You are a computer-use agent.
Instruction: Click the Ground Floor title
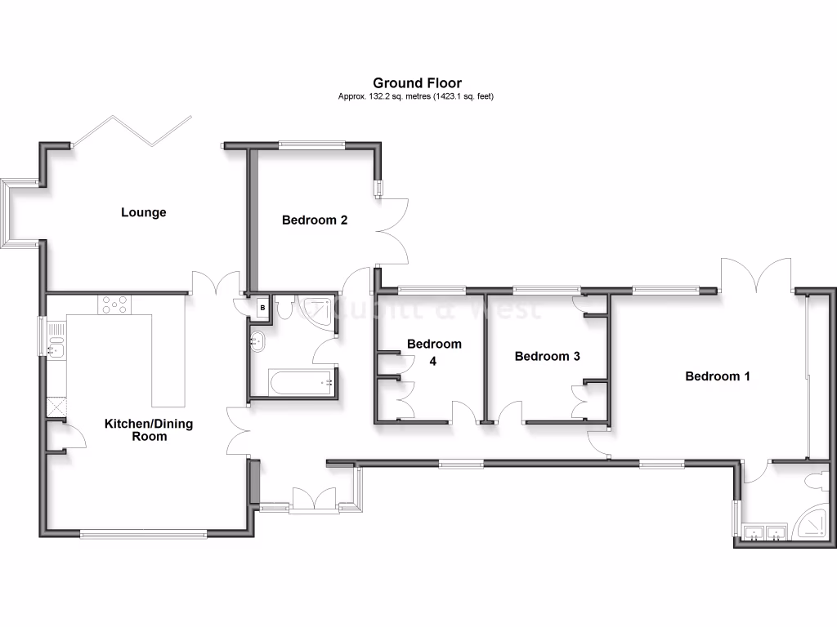click(x=417, y=82)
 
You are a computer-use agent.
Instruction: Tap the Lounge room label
click(x=144, y=212)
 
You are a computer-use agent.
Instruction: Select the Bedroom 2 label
click(x=316, y=220)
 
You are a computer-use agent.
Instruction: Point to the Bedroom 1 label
click(x=718, y=376)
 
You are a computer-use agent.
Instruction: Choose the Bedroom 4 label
click(x=434, y=350)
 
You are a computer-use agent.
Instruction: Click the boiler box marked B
click(x=262, y=308)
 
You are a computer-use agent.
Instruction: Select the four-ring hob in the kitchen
click(x=114, y=305)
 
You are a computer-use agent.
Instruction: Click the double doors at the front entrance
click(x=314, y=500)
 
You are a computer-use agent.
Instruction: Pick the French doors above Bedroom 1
click(x=756, y=275)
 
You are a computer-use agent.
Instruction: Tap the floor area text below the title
click(x=417, y=96)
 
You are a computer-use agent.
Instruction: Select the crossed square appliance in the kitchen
click(x=56, y=406)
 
